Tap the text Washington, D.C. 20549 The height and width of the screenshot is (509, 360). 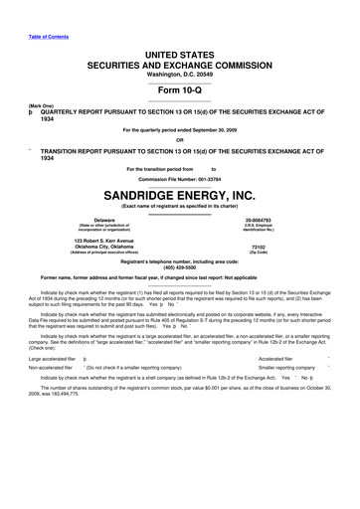(179, 64)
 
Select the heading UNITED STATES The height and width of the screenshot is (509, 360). (179, 37)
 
